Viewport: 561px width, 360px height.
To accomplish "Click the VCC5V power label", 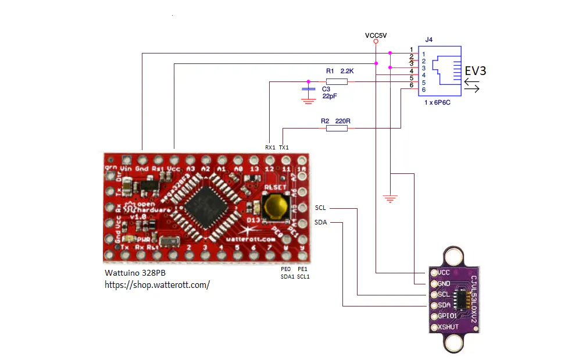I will click(376, 35).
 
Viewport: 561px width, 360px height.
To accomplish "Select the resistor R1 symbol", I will click(337, 82).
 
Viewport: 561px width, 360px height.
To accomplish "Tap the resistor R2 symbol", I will click(337, 128).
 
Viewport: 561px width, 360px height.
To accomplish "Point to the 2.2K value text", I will click(348, 71).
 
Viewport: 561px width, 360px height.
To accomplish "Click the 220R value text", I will click(343, 121).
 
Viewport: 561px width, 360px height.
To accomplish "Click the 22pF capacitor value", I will click(330, 96).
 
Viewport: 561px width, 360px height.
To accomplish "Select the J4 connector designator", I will click(429, 40).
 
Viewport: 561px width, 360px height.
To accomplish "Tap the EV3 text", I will click(475, 71).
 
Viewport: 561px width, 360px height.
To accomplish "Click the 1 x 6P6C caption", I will click(438, 102).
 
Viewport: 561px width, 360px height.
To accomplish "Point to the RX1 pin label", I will click(270, 148).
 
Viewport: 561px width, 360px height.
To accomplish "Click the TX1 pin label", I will click(284, 148).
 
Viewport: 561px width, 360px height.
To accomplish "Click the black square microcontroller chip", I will click(204, 206).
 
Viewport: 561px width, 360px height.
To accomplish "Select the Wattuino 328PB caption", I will click(134, 273).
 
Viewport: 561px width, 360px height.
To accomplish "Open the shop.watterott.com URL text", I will click(157, 285).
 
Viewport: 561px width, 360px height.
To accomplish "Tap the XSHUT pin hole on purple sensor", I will click(433, 327).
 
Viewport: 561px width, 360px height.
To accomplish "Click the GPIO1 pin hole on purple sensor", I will click(433, 316).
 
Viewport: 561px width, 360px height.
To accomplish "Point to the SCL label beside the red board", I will click(321, 208).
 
